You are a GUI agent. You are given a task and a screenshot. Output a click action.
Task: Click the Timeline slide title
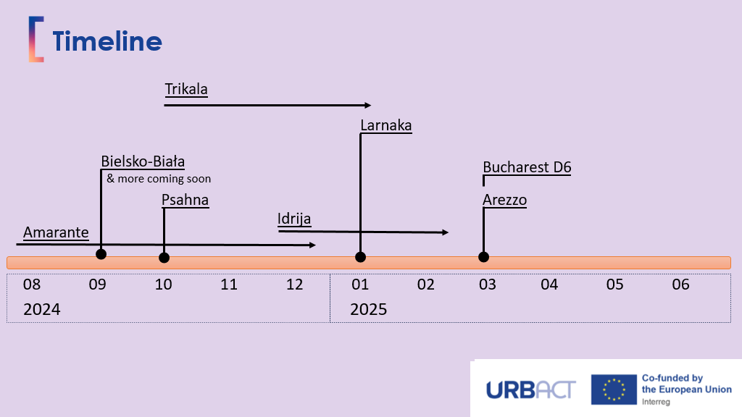coord(107,41)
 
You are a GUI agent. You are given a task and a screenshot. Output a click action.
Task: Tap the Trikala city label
coord(186,89)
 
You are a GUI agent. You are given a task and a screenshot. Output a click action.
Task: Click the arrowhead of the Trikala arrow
coord(367,105)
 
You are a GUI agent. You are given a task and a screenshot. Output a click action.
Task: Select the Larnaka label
coord(386,125)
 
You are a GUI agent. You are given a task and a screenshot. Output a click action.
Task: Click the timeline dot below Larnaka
coord(361,257)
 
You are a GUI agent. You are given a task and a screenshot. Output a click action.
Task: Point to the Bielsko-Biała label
coord(143,161)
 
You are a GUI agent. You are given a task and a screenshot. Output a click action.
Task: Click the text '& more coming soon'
coord(159,179)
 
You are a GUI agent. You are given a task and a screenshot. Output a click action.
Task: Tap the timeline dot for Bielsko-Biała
coord(101,254)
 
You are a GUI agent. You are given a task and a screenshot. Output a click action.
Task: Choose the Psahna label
coord(185,200)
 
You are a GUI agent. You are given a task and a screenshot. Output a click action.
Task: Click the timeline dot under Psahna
coord(164,258)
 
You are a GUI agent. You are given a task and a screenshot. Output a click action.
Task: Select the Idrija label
coord(294,219)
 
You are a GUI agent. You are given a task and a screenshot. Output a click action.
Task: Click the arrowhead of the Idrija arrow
coord(446,232)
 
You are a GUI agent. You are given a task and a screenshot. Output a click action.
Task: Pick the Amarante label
coord(56,232)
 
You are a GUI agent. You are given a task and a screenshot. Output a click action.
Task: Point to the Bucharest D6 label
coord(528,167)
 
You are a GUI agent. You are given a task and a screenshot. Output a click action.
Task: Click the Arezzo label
coord(504,200)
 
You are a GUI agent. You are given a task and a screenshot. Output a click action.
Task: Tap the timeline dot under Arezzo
coord(483,257)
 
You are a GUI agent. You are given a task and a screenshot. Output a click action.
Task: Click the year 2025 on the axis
coord(369,309)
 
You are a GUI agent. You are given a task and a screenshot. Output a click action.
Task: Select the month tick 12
coord(295,284)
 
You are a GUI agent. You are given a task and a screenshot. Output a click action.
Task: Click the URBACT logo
coord(531,390)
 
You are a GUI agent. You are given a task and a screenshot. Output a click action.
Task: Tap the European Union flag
coord(614,389)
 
